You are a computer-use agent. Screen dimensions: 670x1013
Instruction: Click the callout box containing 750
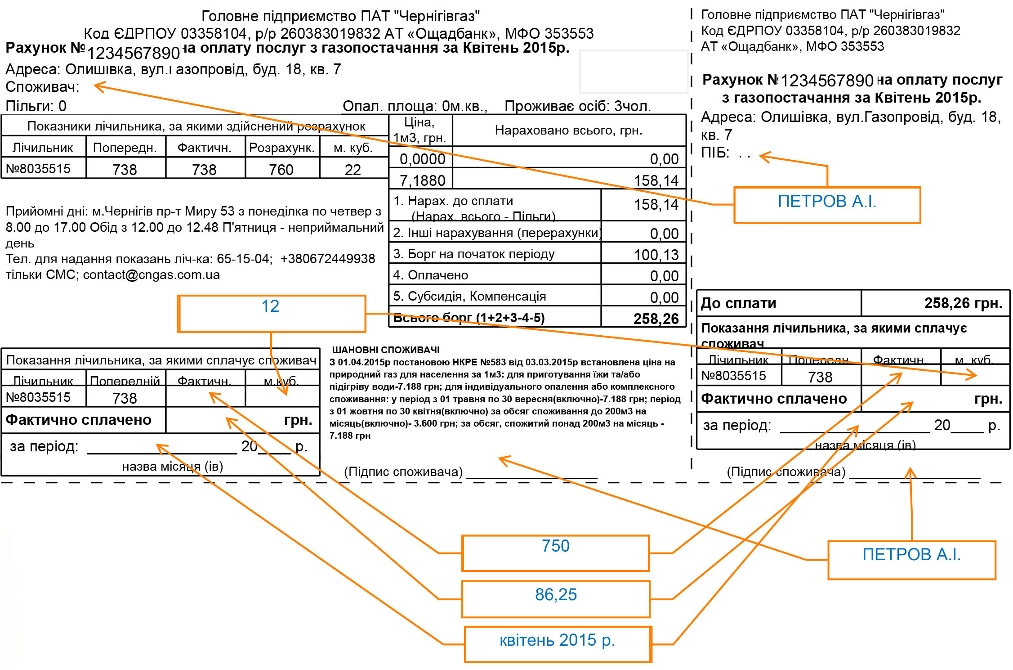[555, 553]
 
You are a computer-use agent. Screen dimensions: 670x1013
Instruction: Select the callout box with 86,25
[556, 599]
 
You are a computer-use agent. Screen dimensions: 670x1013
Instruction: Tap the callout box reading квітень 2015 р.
[558, 644]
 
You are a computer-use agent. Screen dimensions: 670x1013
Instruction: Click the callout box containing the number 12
[272, 313]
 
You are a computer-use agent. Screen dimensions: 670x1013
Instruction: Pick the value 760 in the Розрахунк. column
[281, 170]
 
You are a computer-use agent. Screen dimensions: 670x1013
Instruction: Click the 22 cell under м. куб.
[353, 170]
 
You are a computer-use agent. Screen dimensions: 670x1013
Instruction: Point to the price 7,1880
[422, 180]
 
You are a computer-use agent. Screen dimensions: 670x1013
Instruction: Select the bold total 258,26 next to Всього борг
[656, 319]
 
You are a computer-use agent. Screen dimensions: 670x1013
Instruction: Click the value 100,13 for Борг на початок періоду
[656, 255]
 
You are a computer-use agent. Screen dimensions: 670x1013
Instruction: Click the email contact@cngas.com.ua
[152, 274]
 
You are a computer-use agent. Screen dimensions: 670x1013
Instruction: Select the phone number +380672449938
[327, 259]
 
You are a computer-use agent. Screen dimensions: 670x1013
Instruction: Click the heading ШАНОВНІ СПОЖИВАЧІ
[386, 350]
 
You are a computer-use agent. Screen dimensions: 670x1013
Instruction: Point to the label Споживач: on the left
[42, 87]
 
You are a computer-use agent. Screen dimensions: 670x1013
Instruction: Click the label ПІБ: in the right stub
[715, 153]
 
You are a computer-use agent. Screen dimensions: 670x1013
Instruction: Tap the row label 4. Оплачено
[430, 275]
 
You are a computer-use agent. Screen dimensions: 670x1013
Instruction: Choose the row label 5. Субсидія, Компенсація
[469, 296]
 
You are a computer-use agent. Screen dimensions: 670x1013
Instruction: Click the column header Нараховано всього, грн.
[568, 130]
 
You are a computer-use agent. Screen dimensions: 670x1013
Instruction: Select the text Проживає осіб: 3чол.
[577, 106]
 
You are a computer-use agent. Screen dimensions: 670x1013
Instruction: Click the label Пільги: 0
[36, 106]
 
